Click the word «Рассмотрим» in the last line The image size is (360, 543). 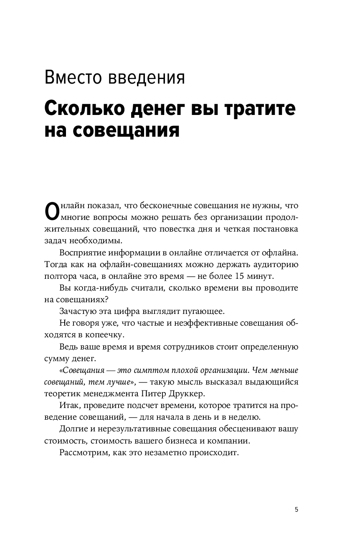click(83, 452)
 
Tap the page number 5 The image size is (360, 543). click(297, 510)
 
